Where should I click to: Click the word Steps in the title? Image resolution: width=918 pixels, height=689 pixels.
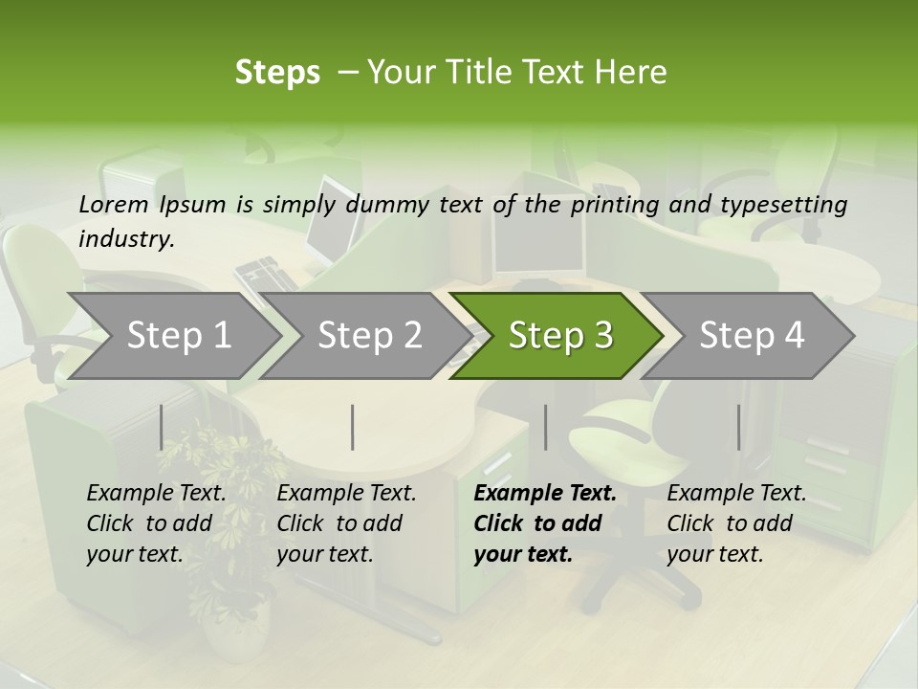[x=277, y=73]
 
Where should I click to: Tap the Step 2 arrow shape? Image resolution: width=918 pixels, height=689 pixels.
[x=369, y=335]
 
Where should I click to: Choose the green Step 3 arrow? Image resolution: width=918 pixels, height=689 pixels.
[x=560, y=335]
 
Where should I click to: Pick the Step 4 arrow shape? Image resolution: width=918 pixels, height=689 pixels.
[x=752, y=335]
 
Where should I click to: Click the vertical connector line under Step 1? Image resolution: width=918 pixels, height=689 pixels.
[x=161, y=427]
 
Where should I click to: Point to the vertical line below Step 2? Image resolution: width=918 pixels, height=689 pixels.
[x=353, y=427]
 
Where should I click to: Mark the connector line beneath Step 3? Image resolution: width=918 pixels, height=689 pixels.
[x=545, y=427]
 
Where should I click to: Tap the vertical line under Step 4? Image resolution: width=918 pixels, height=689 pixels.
[x=738, y=427]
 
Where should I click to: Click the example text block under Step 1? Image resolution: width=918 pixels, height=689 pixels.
[x=157, y=523]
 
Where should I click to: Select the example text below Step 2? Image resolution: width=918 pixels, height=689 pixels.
[x=346, y=523]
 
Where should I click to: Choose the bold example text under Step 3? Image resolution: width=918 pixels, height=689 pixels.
[x=545, y=523]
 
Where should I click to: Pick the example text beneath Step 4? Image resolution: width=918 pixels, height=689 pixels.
[x=736, y=523]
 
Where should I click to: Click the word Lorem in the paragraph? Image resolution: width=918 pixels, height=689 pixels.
[x=114, y=204]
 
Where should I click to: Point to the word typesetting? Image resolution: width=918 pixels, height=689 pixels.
[x=783, y=205]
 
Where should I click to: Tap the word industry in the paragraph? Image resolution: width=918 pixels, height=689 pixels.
[x=125, y=239]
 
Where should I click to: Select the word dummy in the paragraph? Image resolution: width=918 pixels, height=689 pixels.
[x=388, y=205]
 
